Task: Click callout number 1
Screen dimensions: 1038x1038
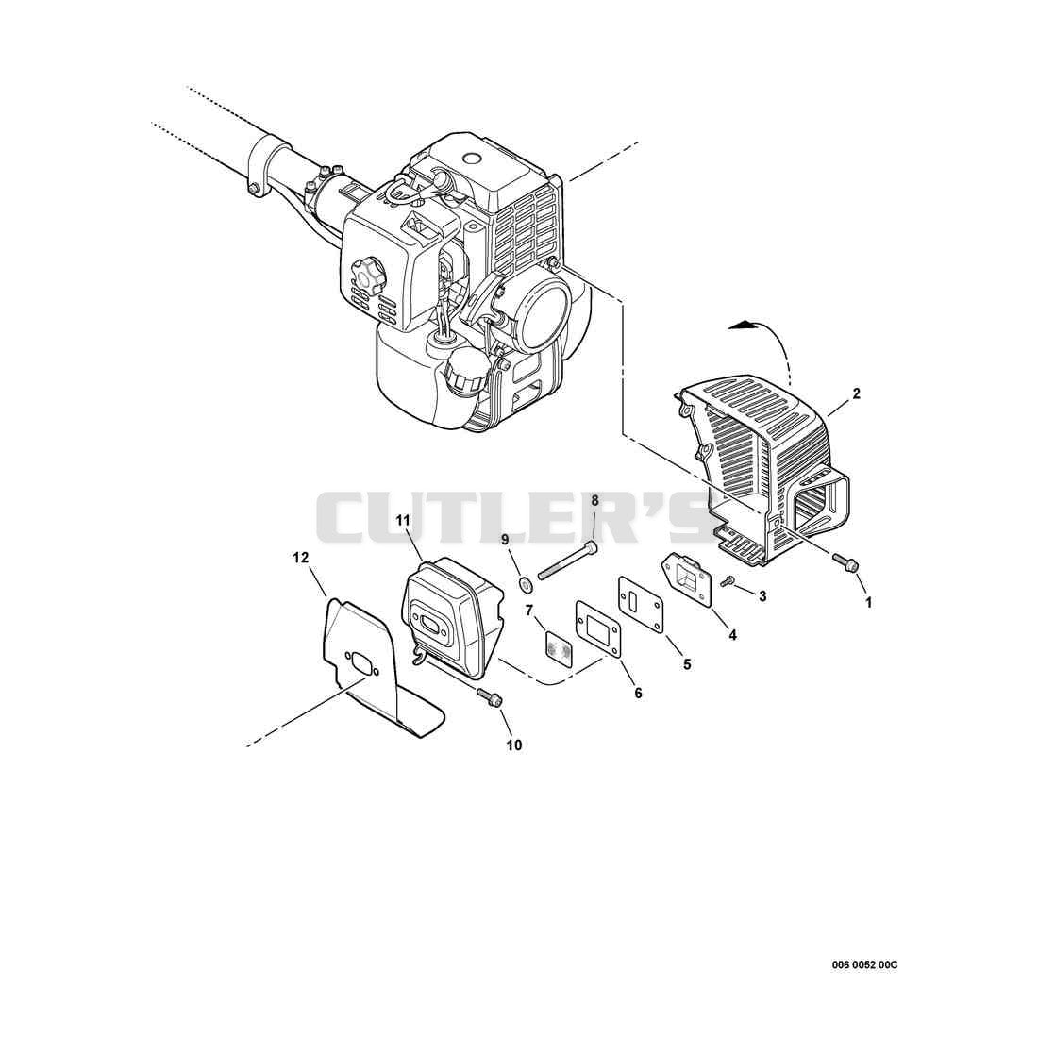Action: point(868,602)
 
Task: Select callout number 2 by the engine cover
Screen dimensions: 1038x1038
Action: point(856,393)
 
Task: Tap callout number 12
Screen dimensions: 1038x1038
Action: point(300,558)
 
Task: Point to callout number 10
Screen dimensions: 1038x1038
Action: point(513,745)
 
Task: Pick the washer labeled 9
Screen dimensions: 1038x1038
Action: point(527,584)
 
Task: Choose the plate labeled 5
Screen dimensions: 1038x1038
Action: point(641,601)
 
